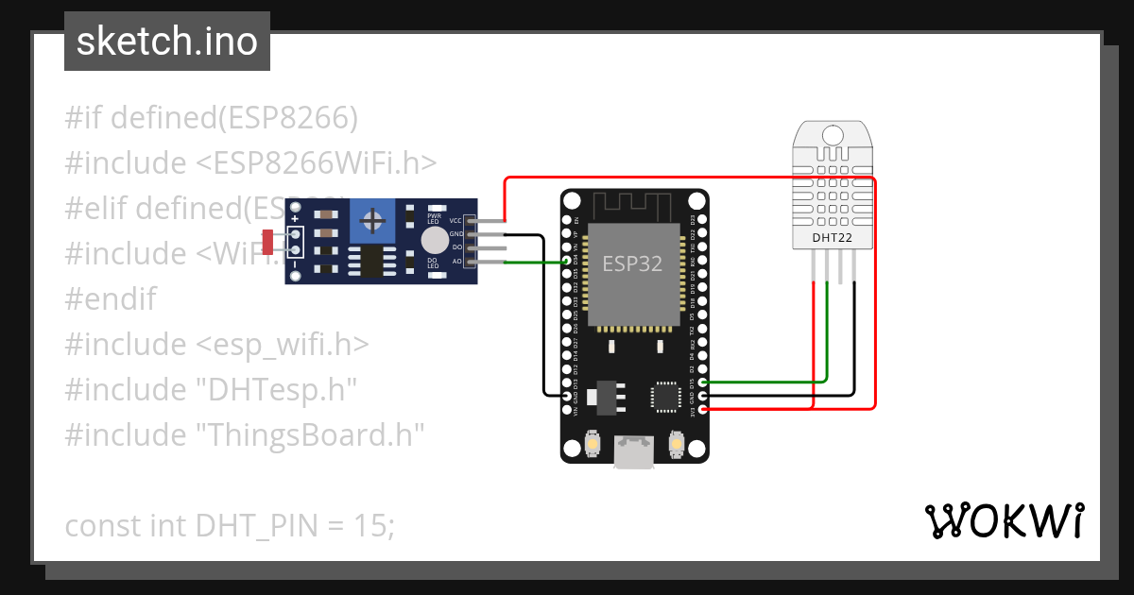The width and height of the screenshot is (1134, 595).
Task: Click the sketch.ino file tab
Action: [167, 42]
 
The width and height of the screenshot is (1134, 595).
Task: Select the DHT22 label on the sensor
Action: [832, 238]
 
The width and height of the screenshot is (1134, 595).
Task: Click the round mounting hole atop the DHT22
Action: [832, 134]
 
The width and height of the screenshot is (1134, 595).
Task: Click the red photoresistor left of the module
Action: [267, 242]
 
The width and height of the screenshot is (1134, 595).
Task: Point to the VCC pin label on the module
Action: [455, 220]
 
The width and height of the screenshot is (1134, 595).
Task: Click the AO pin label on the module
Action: [457, 261]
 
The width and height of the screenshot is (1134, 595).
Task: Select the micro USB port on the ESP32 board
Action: [633, 452]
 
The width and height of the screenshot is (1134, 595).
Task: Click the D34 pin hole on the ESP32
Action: [568, 261]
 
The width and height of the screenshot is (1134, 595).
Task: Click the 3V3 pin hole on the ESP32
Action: [702, 409]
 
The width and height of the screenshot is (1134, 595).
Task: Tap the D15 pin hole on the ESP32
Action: [702, 382]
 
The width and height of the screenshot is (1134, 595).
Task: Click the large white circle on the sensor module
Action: [434, 240]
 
